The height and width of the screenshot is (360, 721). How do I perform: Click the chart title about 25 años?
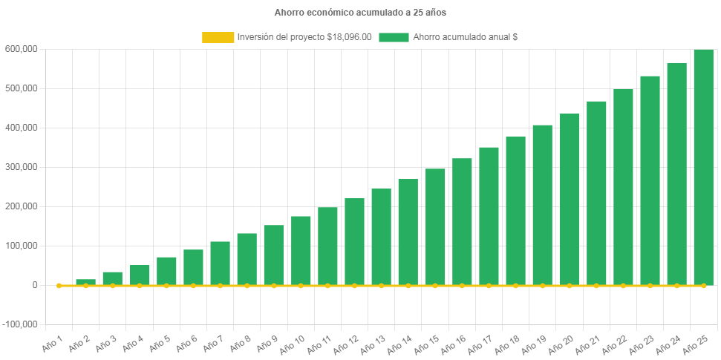tap(359, 12)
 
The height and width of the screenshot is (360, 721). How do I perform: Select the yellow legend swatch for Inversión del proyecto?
tap(218, 37)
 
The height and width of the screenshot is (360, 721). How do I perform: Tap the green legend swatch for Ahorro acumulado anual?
tap(394, 37)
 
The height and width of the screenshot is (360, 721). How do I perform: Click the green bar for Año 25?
tap(703, 167)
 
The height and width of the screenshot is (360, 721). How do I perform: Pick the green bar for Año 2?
tap(85, 282)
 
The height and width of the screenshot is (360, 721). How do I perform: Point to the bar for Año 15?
tap(435, 226)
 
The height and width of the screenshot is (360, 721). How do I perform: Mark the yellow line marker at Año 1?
tap(59, 285)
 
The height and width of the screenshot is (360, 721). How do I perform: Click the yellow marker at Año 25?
tap(703, 285)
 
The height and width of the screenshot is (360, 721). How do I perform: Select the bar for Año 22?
tap(623, 187)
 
